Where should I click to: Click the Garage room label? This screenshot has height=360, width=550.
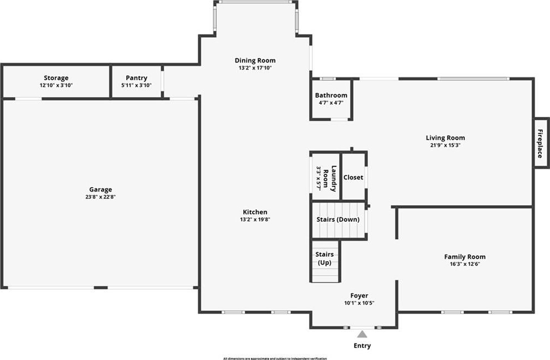pyautogui.click(x=100, y=190)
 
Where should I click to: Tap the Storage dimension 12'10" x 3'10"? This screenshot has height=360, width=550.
pyautogui.click(x=56, y=85)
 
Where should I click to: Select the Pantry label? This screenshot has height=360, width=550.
pyautogui.click(x=137, y=78)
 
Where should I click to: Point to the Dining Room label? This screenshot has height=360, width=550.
pyautogui.click(x=255, y=60)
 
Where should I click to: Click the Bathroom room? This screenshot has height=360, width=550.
pyautogui.click(x=331, y=99)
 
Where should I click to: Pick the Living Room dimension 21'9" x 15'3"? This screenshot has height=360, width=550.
pyautogui.click(x=445, y=145)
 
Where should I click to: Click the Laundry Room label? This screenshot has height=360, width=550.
pyautogui.click(x=330, y=178)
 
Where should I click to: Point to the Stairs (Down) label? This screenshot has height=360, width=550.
pyautogui.click(x=338, y=220)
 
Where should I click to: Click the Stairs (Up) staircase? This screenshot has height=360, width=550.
pyautogui.click(x=325, y=262)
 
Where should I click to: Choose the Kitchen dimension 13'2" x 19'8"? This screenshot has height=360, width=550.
pyautogui.click(x=255, y=220)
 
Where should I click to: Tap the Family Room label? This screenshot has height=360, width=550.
pyautogui.click(x=465, y=257)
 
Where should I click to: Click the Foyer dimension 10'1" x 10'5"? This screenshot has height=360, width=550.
pyautogui.click(x=359, y=303)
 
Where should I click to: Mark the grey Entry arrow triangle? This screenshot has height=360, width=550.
pyautogui.click(x=362, y=334)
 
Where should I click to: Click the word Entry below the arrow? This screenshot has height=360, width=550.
pyautogui.click(x=362, y=346)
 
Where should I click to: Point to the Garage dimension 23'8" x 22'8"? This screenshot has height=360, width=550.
pyautogui.click(x=100, y=197)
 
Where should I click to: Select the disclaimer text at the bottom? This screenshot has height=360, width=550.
pyautogui.click(x=275, y=358)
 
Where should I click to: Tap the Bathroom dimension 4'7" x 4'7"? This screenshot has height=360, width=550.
pyautogui.click(x=331, y=103)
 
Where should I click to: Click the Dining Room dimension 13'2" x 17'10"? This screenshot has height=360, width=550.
pyautogui.click(x=255, y=68)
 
